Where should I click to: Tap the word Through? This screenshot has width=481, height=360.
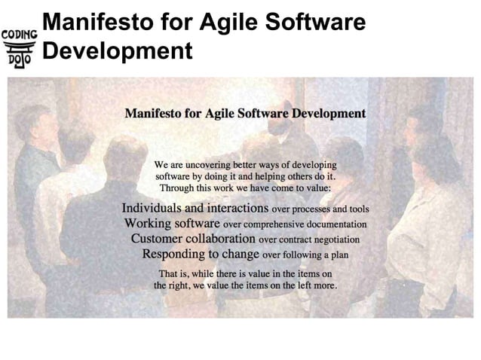pyautogui.click(x=176, y=187)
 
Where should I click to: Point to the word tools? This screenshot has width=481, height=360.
pyautogui.click(x=357, y=209)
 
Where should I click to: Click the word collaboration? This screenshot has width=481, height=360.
pyautogui.click(x=223, y=239)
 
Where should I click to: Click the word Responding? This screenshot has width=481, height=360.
pyautogui.click(x=174, y=255)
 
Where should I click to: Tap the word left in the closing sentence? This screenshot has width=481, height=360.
pyautogui.click(x=296, y=286)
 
